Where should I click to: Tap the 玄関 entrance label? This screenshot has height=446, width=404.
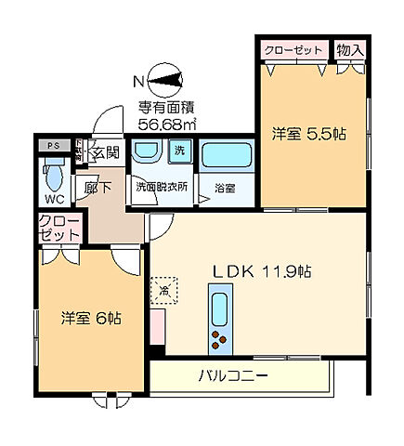[x=104, y=152]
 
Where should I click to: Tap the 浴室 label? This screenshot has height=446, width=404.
[x=225, y=186]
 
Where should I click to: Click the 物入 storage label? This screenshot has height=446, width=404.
[x=349, y=47]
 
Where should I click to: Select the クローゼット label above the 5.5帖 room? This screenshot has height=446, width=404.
[x=293, y=47]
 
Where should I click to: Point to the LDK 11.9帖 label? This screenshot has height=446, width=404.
[x=263, y=271]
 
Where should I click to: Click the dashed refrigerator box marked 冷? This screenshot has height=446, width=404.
[x=163, y=290]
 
